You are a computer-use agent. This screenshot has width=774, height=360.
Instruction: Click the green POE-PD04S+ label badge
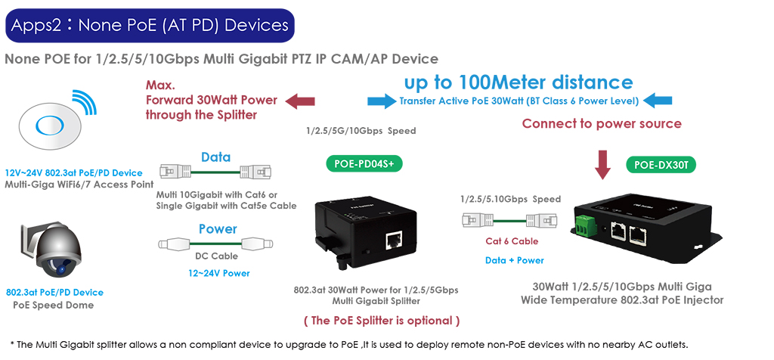[364, 164]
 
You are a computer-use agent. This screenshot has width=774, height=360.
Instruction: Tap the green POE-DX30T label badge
[661, 165]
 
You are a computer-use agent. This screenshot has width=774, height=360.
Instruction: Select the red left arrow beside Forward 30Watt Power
[301, 101]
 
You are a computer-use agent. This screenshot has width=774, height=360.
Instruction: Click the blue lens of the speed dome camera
[61, 270]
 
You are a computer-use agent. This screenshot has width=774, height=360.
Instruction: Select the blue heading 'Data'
[215, 157]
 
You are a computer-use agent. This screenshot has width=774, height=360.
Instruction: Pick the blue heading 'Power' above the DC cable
[218, 229]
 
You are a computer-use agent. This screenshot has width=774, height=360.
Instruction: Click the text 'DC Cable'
[217, 256]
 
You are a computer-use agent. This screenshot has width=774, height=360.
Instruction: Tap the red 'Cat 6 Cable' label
[512, 241]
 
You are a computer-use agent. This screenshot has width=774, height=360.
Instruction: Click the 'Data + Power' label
[514, 260]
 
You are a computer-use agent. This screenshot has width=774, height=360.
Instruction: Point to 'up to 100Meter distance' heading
[519, 82]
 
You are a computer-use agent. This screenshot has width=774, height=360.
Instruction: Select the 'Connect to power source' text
[602, 123]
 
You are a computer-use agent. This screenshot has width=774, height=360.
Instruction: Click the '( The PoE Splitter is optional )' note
[382, 321]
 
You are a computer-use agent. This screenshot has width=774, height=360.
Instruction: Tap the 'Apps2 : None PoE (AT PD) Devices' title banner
[150, 25]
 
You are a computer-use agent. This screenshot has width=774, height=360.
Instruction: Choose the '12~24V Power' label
[218, 273]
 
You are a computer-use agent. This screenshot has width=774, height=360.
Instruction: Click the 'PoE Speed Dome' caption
[54, 306]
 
